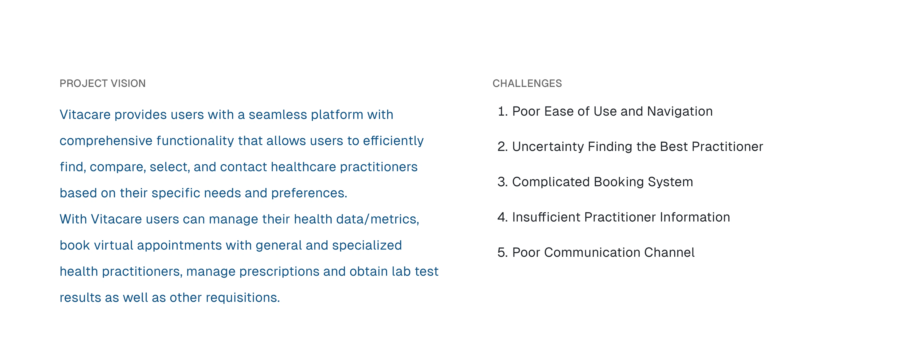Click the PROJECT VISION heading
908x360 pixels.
click(x=103, y=83)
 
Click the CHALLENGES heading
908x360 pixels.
click(x=527, y=83)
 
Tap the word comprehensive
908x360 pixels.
click(x=106, y=141)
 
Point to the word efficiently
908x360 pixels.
click(x=393, y=141)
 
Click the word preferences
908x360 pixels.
click(x=309, y=193)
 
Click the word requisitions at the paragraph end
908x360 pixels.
click(x=243, y=298)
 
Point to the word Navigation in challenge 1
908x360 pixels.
click(x=680, y=111)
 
